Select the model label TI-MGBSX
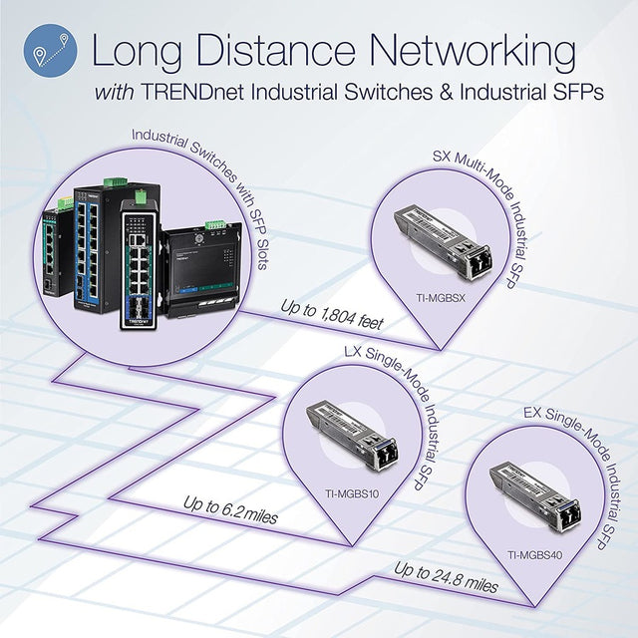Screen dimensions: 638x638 [x=438, y=296]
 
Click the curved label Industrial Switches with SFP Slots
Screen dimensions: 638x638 [x=199, y=159]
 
